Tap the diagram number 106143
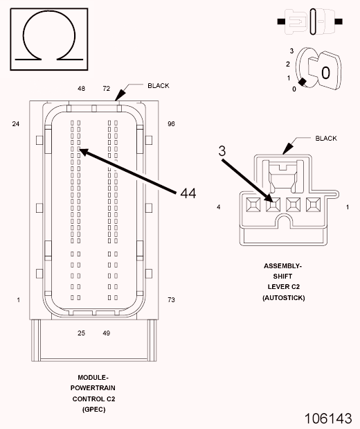pos(328,419)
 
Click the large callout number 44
pos(188,193)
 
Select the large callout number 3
pos(222,151)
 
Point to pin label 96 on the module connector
pos(171,124)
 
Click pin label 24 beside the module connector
pos(16,124)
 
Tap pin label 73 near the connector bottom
pos(171,300)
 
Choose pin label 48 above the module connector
pos(81,89)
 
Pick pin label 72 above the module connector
pos(107,89)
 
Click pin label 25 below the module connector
pos(81,333)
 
